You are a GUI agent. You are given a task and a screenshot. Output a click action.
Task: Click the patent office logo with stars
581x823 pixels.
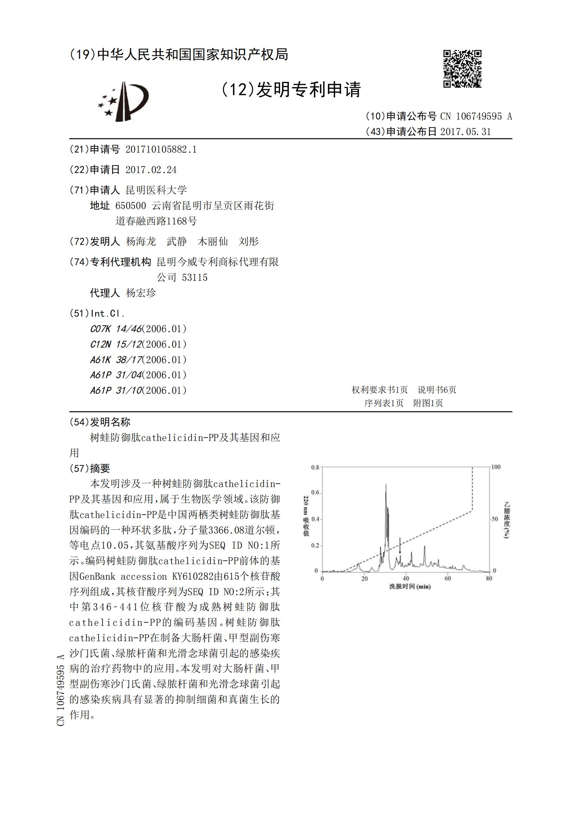123,101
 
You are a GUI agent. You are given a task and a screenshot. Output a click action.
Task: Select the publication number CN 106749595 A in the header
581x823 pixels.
476,116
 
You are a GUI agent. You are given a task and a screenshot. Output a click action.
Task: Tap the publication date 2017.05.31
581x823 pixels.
465,132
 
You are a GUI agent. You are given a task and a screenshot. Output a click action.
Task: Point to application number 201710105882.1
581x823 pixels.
161,150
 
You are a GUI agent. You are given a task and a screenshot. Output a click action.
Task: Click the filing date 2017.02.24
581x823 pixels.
151,170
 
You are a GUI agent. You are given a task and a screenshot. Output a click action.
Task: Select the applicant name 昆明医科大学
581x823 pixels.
156,190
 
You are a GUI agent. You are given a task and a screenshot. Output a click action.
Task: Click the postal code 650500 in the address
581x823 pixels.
130,206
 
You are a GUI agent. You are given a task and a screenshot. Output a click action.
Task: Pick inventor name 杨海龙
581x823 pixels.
141,241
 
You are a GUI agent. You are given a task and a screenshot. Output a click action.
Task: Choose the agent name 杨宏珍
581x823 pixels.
141,293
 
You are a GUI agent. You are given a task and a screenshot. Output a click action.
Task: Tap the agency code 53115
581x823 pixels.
194,277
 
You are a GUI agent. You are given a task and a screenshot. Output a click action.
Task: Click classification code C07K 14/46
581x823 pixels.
116,329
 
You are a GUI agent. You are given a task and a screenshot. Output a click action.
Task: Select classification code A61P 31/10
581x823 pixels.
116,390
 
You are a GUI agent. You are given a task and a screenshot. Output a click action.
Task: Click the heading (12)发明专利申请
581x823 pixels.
290,89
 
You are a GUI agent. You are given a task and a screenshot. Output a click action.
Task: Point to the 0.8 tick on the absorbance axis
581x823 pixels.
315,467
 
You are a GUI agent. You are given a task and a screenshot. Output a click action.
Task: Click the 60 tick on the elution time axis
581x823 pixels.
447,579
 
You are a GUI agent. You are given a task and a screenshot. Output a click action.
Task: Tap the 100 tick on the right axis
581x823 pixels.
496,467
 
